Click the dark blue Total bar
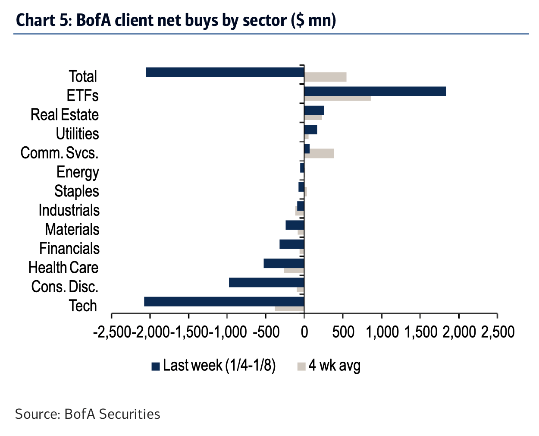pos(225,72)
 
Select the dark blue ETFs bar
pos(375,91)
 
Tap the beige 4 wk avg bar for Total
pos(326,77)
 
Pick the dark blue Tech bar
pos(224,301)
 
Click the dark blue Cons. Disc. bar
pos(266,282)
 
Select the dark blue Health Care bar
pos(284,263)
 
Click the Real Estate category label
pos(65,115)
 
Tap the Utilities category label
pos(77,134)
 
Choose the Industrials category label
pos(69,210)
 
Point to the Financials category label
pos(69,249)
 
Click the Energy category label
pos(78,172)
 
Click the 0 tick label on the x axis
pos(304,332)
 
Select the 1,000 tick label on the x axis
pos(382,332)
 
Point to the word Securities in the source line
pos(129,414)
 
